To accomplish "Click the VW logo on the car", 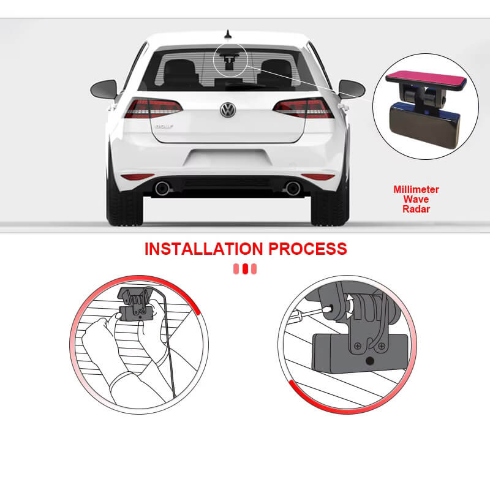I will (x=228, y=110).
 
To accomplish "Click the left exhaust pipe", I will (x=162, y=188).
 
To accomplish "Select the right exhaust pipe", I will (x=293, y=188).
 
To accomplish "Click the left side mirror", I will (x=104, y=89).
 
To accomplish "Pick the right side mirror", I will (x=352, y=89).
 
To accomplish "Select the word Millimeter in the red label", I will (x=416, y=190).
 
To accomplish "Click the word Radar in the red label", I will (x=416, y=208).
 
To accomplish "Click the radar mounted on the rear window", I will (x=229, y=62).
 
